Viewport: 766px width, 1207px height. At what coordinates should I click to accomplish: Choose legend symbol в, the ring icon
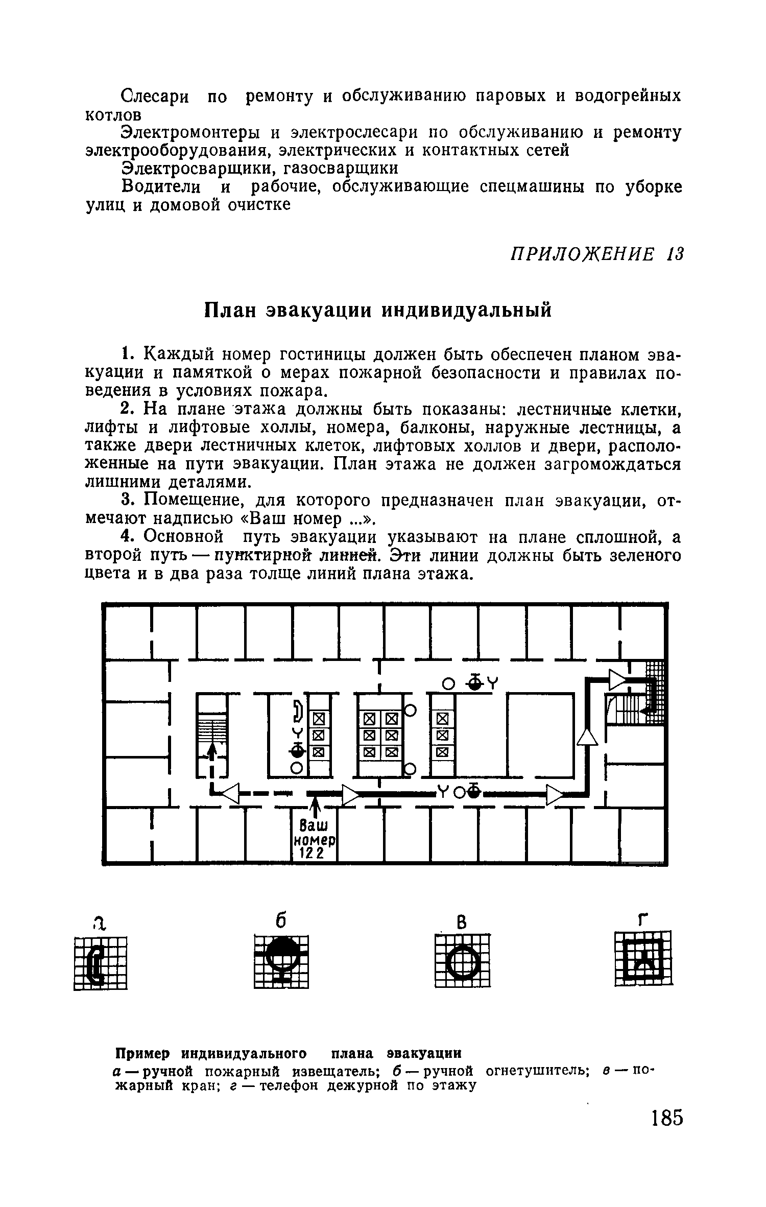[463, 961]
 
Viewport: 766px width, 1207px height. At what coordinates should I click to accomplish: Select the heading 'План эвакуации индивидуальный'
[378, 310]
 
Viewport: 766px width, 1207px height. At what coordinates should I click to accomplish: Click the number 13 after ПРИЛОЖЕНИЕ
[674, 254]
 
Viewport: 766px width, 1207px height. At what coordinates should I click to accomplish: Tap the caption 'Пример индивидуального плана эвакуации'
[289, 1053]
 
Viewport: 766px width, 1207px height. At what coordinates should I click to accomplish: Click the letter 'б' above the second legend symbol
[280, 920]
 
